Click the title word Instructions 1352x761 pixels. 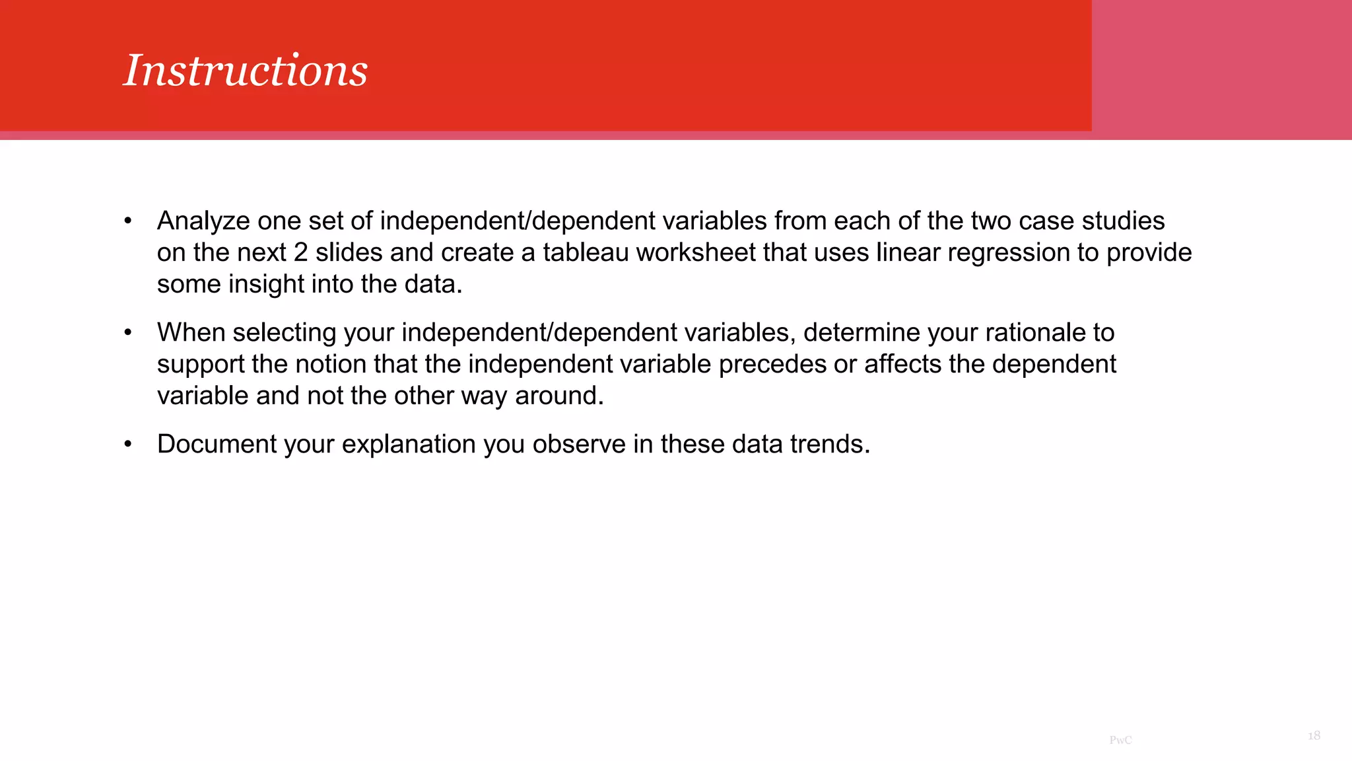tap(246, 71)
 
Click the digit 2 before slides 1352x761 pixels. tap(300, 253)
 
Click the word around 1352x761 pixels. tap(559, 396)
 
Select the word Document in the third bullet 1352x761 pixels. tap(217, 445)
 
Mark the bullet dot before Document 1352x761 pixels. tap(128, 445)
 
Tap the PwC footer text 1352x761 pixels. tap(1120, 741)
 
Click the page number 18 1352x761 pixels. tap(1314, 736)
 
